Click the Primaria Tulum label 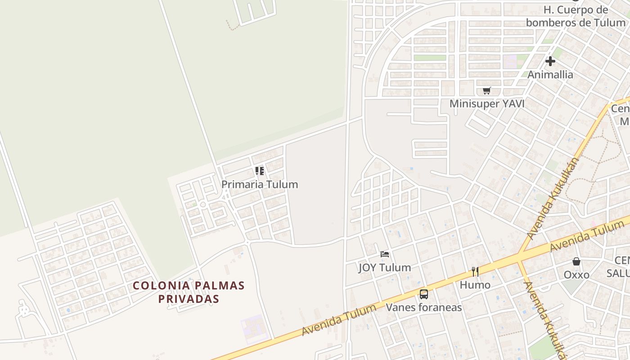pos(259,184)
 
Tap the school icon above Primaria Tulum pos(260,171)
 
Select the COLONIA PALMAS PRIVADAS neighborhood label pos(189,292)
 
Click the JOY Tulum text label pos(384,268)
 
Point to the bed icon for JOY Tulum pos(385,254)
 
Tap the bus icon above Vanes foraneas pos(423,294)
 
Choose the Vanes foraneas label pos(423,308)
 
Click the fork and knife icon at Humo pos(475,271)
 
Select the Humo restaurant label pos(475,285)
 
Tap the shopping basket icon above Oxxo pos(576,261)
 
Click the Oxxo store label pos(576,275)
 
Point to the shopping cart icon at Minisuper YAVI pos(486,91)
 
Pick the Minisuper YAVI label pos(487,104)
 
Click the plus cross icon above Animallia pos(550,61)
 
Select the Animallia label pos(550,75)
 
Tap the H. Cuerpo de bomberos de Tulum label pos(576,16)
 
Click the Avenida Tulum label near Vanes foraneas pos(338,320)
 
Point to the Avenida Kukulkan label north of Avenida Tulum pos(552,198)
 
